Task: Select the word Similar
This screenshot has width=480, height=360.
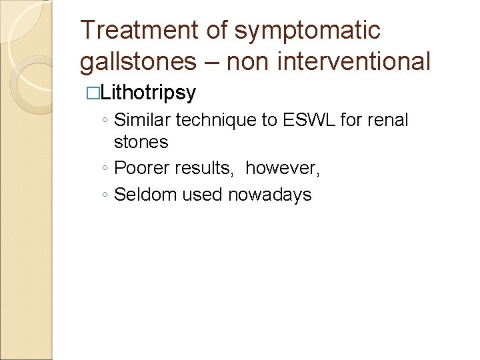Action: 143,121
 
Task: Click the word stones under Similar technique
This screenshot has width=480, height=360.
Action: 141,143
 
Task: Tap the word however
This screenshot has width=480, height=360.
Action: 282,169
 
